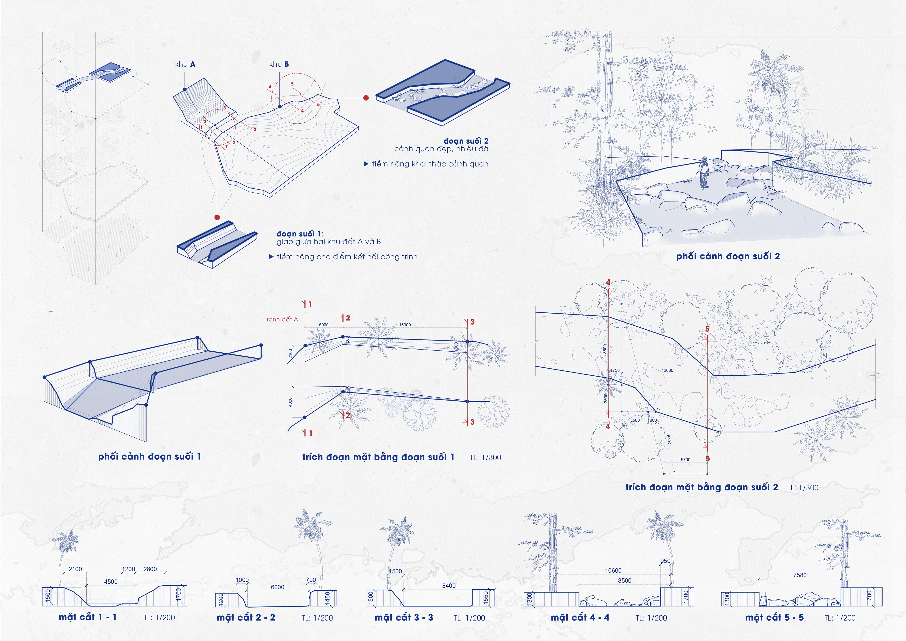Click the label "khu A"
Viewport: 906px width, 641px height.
pyautogui.click(x=185, y=64)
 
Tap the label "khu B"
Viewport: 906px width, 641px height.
pyautogui.click(x=279, y=64)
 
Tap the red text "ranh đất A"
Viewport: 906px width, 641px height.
pyautogui.click(x=282, y=319)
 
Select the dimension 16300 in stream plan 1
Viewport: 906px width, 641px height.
pyautogui.click(x=405, y=325)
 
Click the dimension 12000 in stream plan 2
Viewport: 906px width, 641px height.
pyautogui.click(x=667, y=370)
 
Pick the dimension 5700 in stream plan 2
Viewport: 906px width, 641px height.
pyautogui.click(x=685, y=459)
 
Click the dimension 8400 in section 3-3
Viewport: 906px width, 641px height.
pyautogui.click(x=449, y=586)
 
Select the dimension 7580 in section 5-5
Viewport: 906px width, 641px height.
pyautogui.click(x=800, y=575)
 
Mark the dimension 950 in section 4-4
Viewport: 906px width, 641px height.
pyautogui.click(x=665, y=561)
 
